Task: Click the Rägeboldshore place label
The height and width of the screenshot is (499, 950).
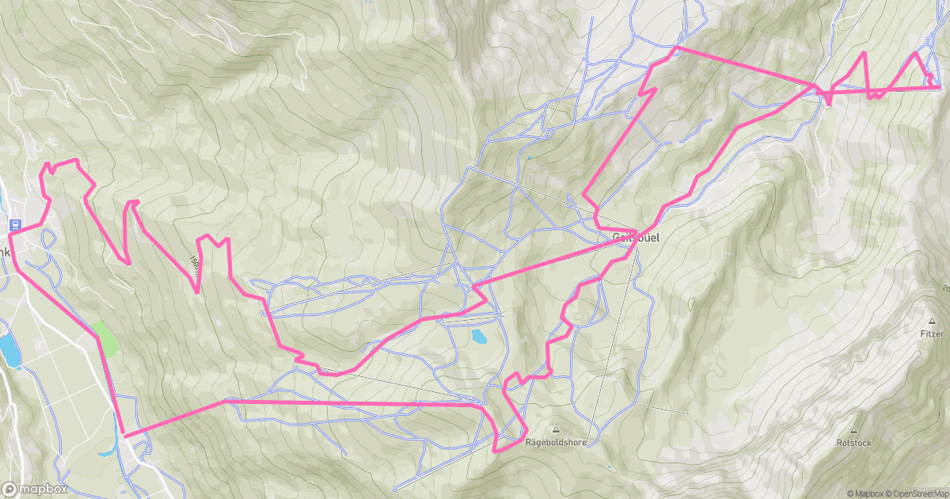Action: point(555,443)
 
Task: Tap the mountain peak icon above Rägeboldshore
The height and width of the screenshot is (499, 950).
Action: point(555,429)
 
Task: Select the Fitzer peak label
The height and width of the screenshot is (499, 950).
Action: point(932,334)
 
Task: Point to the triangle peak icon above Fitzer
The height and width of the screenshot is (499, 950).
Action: point(932,322)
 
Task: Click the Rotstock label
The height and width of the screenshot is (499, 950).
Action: point(853,443)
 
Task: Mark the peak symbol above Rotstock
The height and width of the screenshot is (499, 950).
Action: point(853,429)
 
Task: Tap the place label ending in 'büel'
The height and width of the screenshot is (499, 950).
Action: point(635,237)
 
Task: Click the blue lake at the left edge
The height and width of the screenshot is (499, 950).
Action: point(9,349)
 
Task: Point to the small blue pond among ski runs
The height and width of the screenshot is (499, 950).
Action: point(480,337)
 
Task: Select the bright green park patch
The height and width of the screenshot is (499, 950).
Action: point(105,338)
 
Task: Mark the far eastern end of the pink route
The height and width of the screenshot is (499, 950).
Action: point(939,87)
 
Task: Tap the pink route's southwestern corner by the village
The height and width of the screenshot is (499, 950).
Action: point(124,435)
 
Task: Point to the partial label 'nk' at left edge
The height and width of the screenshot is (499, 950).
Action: point(5,252)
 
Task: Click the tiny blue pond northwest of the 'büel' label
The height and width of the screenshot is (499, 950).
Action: point(529,157)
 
